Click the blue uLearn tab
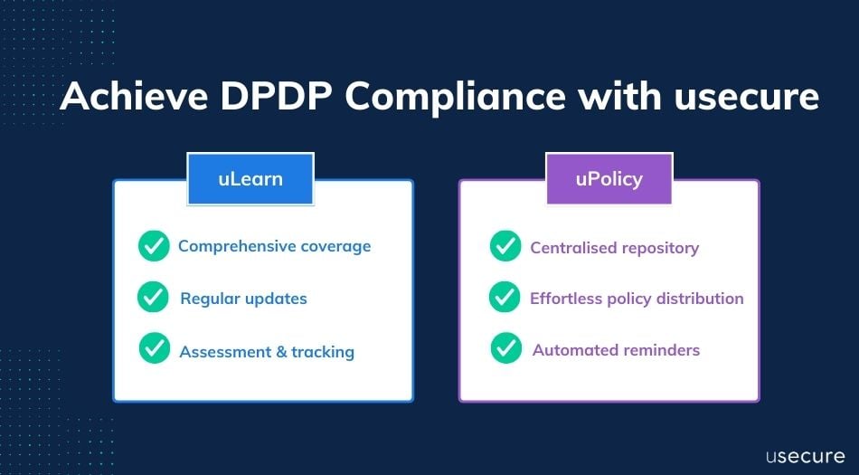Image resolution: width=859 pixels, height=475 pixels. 250,178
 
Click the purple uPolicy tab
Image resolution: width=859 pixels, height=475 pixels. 609,178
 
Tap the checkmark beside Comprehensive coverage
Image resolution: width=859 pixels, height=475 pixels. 154,246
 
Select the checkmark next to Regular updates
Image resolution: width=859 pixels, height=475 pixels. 154,297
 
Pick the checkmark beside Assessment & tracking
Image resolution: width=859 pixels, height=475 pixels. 155,348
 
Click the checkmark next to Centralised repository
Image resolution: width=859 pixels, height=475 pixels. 505,246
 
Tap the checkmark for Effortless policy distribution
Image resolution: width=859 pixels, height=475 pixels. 505,297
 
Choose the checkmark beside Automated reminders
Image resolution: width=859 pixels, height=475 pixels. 506,348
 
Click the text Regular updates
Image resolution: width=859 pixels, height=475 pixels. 243,299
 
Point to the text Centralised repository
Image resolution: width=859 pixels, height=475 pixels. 614,248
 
